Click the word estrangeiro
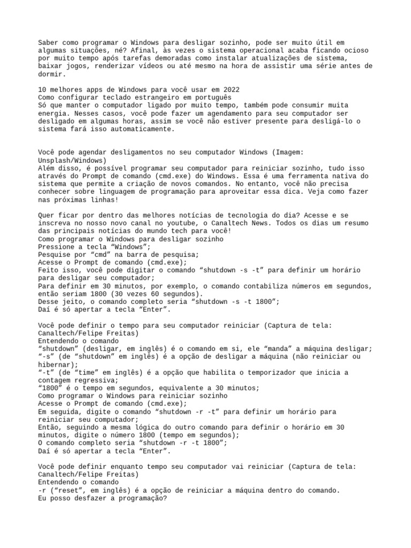pos(161,97)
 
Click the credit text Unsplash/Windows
pos(72,161)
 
